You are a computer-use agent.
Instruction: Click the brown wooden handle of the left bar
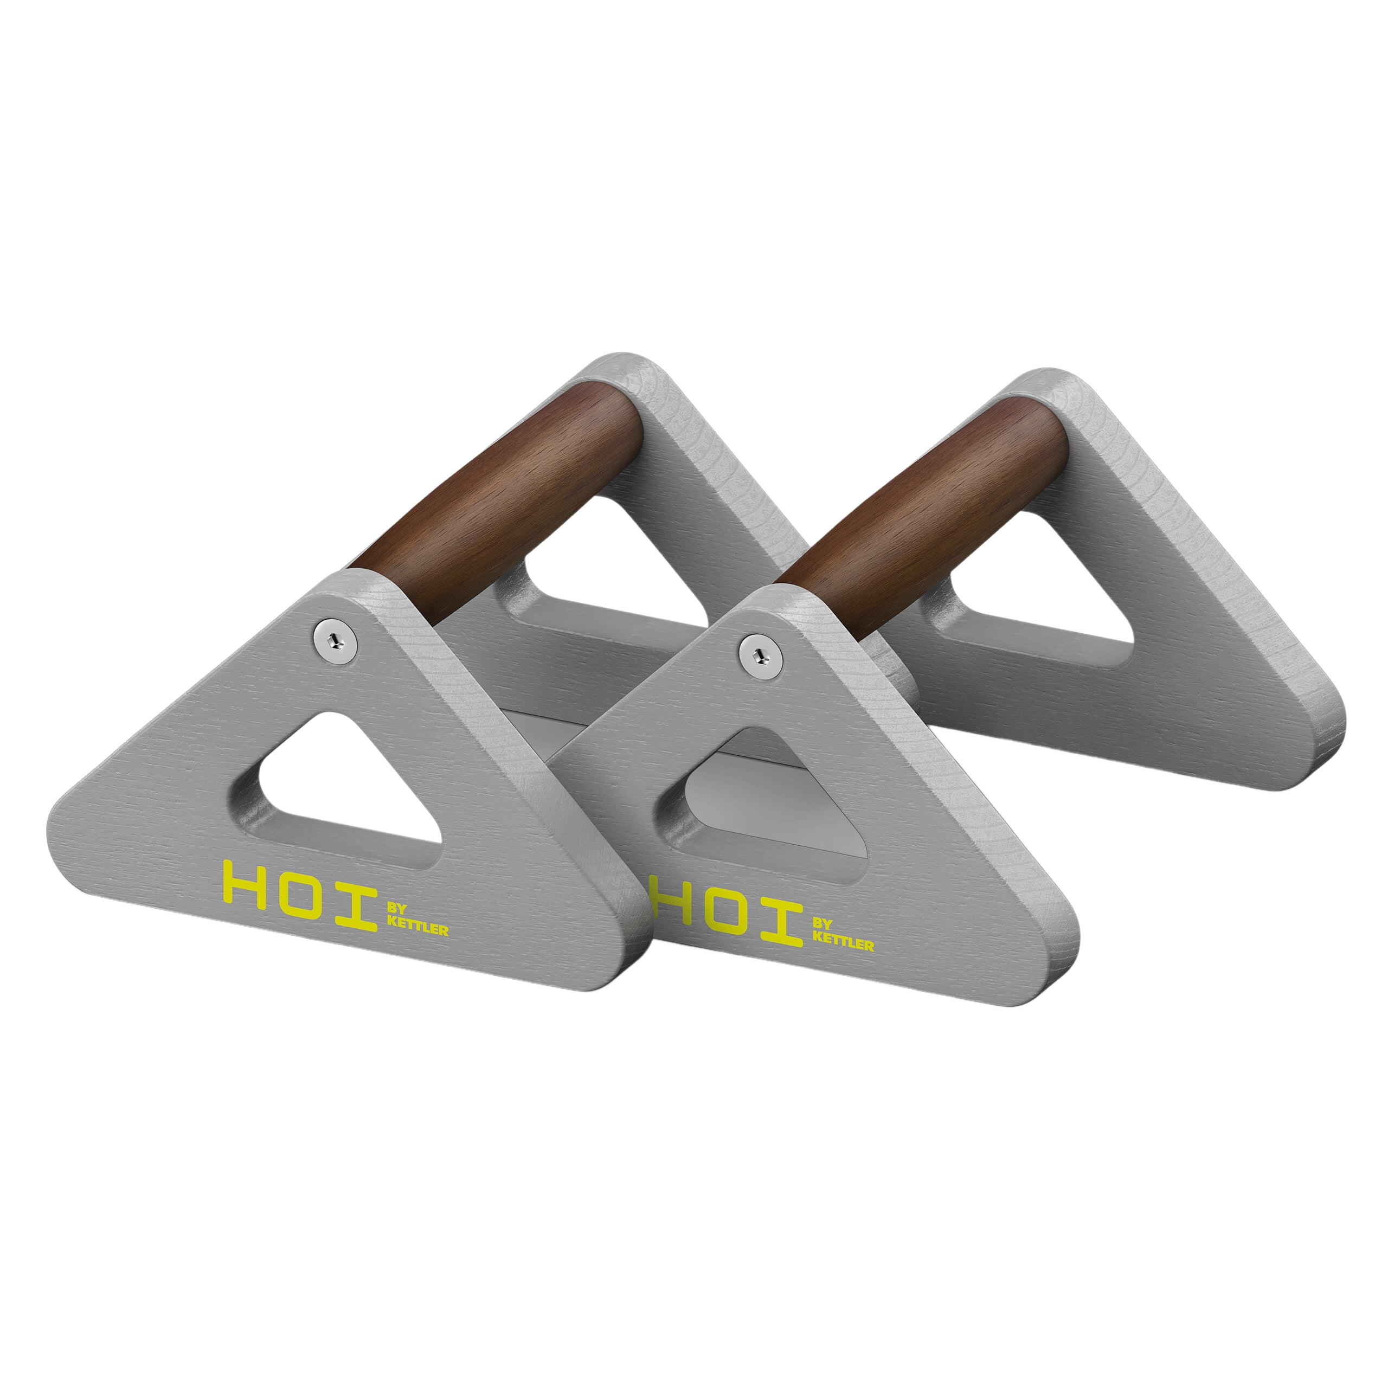(503, 503)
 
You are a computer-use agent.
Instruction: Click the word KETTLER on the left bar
(417, 930)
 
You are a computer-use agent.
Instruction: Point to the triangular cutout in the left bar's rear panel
(611, 568)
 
